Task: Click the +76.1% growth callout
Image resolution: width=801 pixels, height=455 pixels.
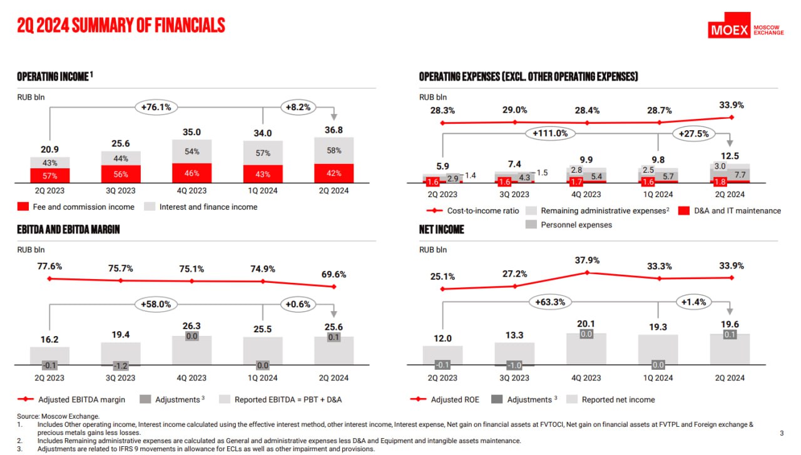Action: (x=157, y=107)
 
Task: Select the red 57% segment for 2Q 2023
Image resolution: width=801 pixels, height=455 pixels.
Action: (x=50, y=176)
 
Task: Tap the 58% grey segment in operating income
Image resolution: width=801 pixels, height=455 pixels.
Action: (x=334, y=151)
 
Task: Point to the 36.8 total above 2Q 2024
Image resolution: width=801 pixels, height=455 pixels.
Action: (x=334, y=130)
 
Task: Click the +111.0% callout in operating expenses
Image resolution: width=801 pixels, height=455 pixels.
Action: (x=550, y=133)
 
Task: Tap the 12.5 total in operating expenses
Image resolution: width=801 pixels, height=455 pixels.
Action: (x=730, y=156)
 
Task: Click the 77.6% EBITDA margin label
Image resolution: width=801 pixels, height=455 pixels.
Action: (x=49, y=266)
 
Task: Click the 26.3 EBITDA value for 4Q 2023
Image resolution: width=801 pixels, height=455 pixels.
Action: (x=191, y=326)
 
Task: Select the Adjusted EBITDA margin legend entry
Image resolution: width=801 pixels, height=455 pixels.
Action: (x=74, y=399)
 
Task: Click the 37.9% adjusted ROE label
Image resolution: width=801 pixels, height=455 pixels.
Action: (x=587, y=260)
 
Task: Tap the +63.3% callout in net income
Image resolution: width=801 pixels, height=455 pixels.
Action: (x=550, y=302)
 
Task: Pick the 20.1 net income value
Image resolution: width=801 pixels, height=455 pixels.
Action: (x=586, y=324)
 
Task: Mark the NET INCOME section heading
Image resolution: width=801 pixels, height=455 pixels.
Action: (x=442, y=230)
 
